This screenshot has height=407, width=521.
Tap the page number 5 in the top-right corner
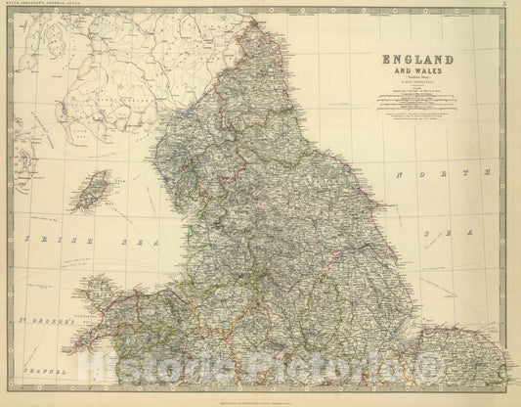pos(502,7)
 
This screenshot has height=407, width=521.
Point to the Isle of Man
pos(99,189)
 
